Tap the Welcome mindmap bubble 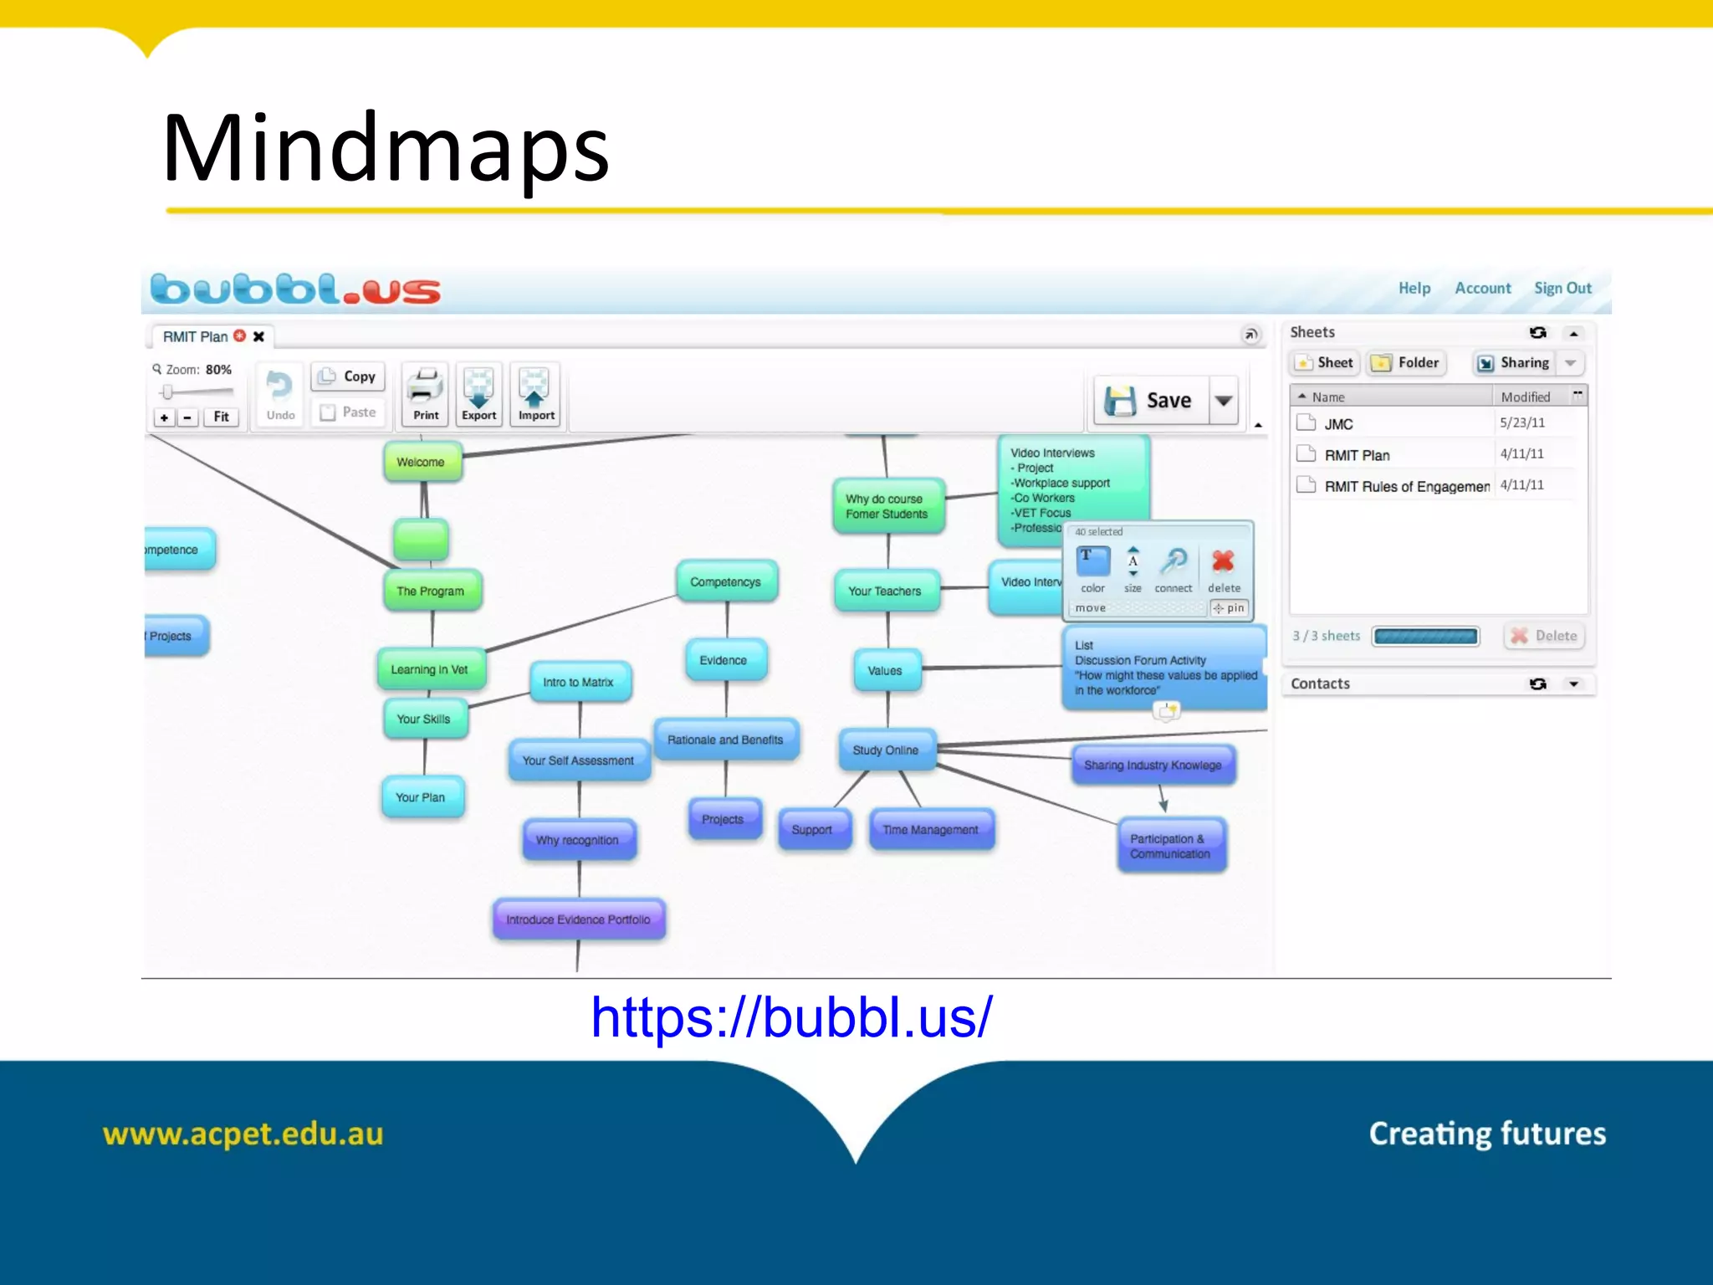422,462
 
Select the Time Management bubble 931,829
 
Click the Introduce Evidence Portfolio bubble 578,919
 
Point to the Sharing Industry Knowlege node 1153,765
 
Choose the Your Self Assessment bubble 578,760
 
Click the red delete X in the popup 1223,561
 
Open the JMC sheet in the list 1338,424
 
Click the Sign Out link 1562,288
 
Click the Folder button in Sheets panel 1408,362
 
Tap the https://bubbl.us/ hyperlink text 791,1017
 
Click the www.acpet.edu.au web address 243,1134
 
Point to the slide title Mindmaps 386,149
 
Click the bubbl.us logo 295,289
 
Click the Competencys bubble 726,581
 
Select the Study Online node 886,750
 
